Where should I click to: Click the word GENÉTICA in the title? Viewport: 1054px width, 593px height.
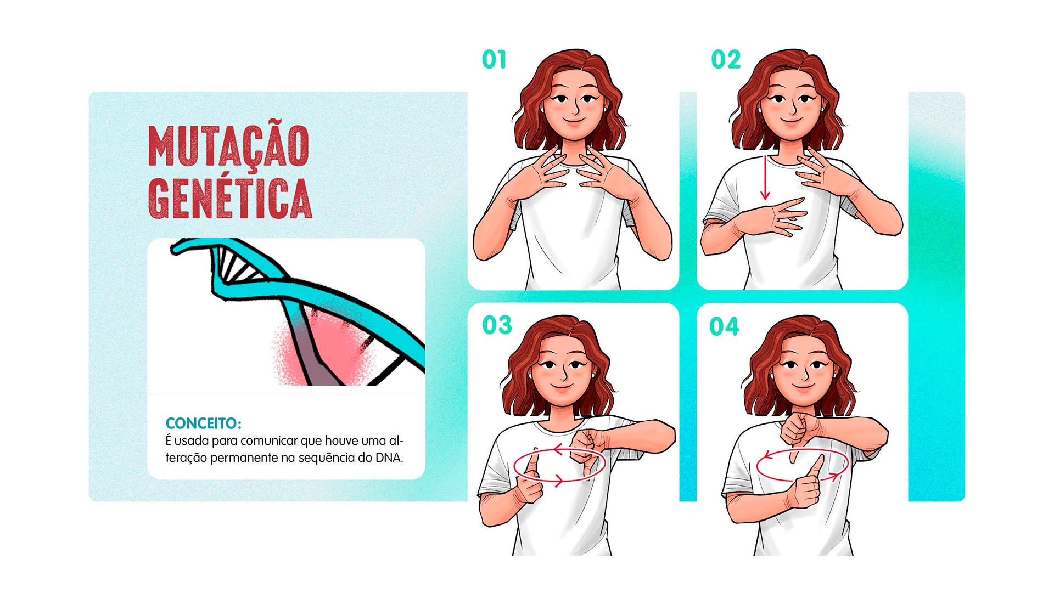click(x=230, y=197)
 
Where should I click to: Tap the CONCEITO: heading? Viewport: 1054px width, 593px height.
click(x=203, y=423)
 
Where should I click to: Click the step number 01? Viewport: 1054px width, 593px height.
click(x=494, y=59)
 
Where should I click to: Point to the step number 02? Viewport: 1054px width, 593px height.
click(x=726, y=59)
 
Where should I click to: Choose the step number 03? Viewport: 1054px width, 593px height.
click(x=497, y=325)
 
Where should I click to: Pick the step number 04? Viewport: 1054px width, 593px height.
click(x=724, y=326)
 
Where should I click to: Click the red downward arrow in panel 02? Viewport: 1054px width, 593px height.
click(x=765, y=178)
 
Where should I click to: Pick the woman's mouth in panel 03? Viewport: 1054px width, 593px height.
click(x=562, y=386)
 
